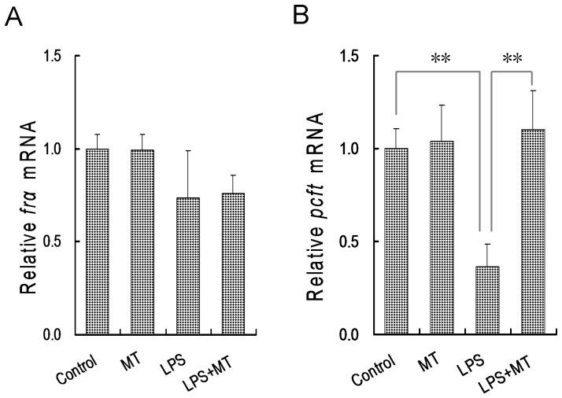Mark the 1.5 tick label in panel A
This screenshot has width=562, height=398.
point(51,57)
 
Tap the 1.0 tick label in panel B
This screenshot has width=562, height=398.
point(350,149)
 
